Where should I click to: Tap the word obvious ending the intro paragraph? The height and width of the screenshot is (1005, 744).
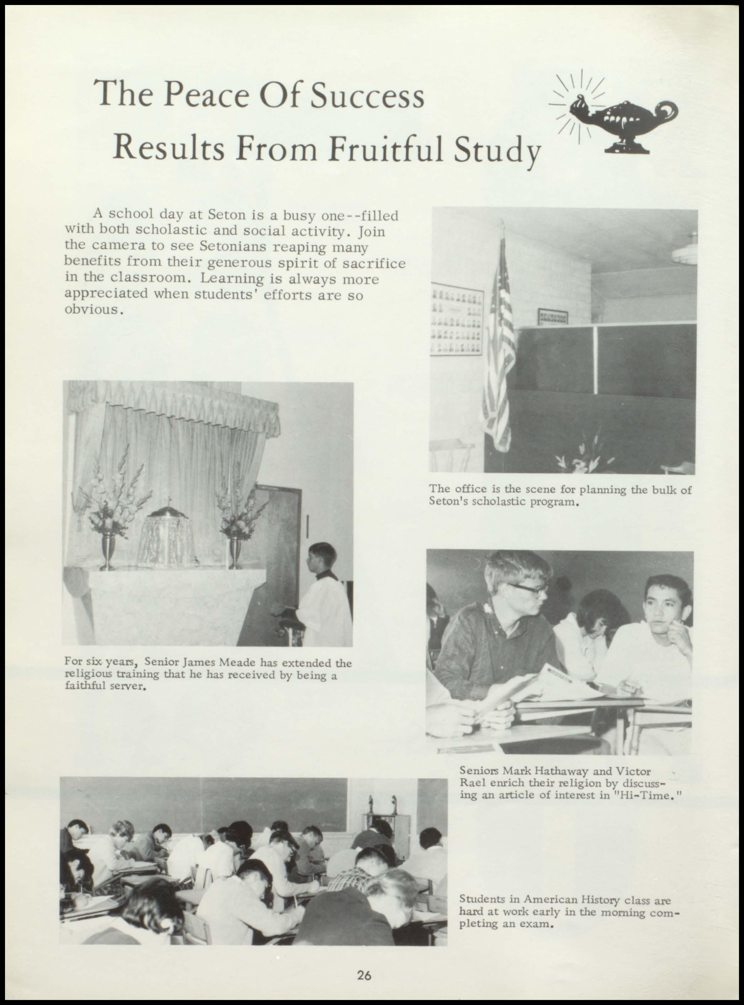coord(92,310)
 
